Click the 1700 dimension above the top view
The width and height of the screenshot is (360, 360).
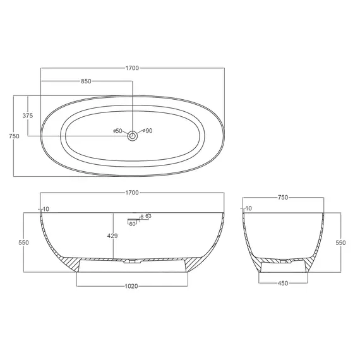132,68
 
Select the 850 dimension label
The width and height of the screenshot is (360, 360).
86,81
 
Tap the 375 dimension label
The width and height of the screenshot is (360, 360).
28,116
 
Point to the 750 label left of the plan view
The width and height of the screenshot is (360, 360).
14,136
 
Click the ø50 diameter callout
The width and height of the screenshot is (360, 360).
117,131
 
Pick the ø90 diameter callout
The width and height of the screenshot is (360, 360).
148,131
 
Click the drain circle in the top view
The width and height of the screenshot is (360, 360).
133,136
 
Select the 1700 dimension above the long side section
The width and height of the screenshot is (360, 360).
132,193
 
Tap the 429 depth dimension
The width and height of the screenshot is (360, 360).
112,236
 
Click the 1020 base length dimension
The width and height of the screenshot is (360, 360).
131,286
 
